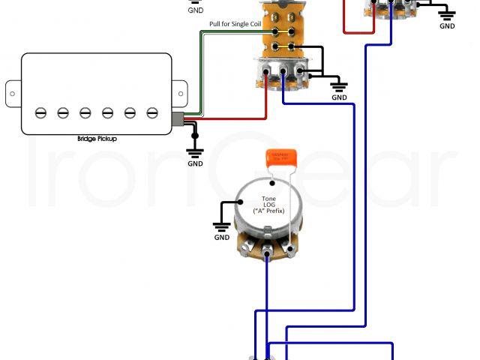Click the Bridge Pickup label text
coord(97,139)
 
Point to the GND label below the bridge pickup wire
coord(195,163)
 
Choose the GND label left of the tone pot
coord(222,238)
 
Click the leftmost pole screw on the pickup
coord(40,112)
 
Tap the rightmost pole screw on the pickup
coord(152,112)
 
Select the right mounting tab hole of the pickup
coord(181,91)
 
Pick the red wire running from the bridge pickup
coord(225,119)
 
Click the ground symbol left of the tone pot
coord(221,225)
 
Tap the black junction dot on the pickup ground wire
coord(195,125)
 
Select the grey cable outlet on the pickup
coord(177,118)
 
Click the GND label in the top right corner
coord(447,26)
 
